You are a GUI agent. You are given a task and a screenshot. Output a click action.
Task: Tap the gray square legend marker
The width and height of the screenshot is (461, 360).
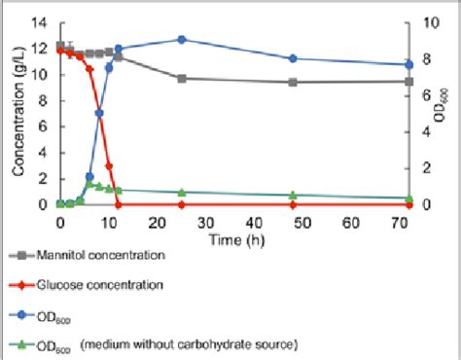click(x=27, y=255)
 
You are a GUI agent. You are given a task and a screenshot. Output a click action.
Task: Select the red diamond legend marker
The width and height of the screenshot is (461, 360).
click(x=27, y=285)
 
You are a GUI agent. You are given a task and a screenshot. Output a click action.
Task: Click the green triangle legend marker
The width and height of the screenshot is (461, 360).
click(x=27, y=344)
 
